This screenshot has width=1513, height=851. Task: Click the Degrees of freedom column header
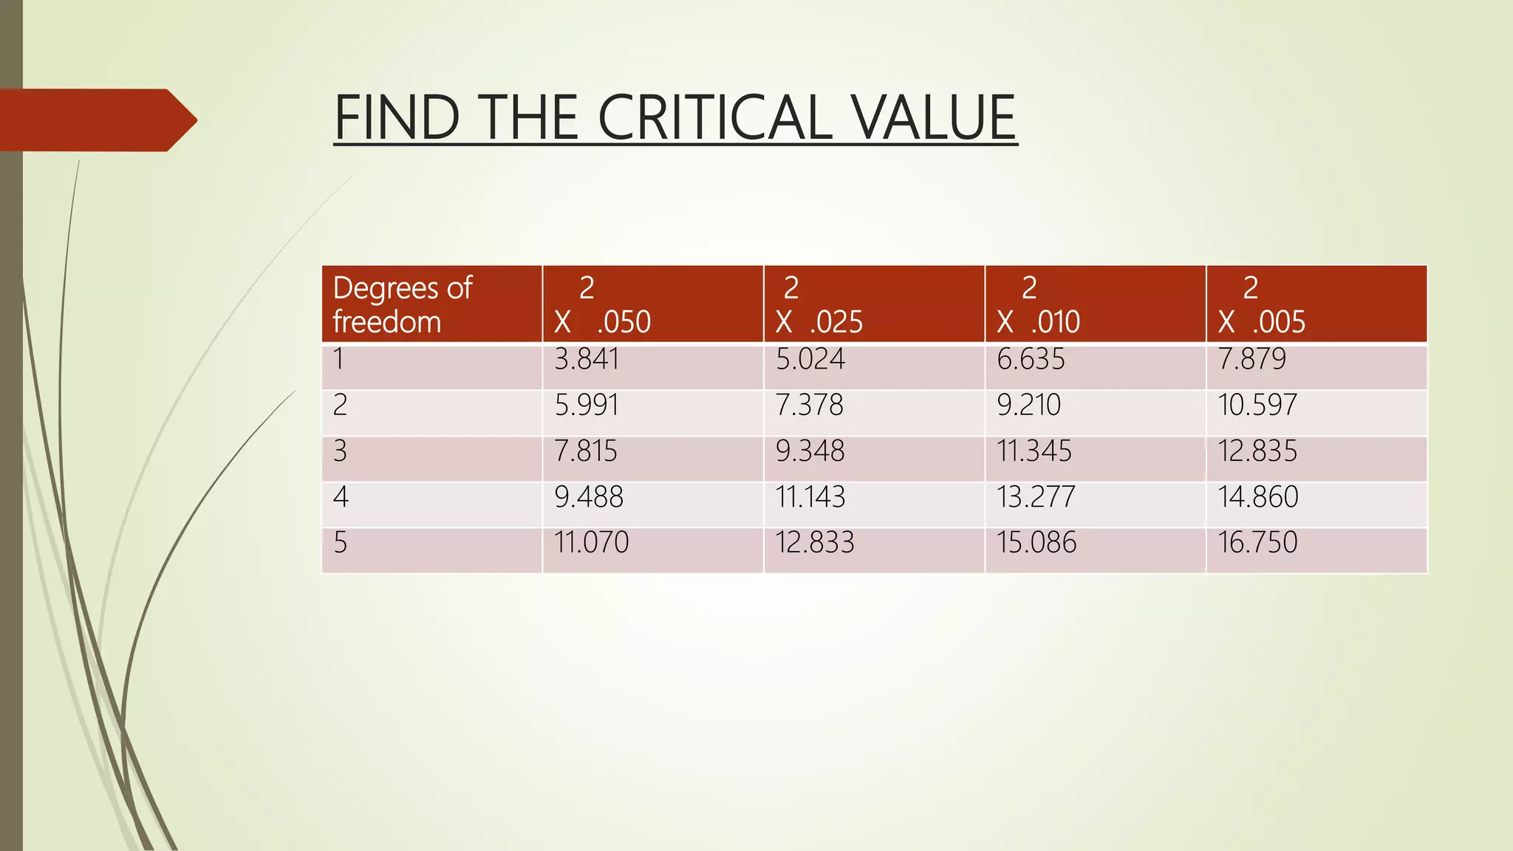coord(403,304)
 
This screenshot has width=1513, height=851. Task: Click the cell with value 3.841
coord(587,360)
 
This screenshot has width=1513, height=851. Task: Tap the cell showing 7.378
coord(809,406)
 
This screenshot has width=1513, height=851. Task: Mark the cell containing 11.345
coord(1034,451)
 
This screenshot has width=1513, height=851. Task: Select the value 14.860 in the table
coord(1257,497)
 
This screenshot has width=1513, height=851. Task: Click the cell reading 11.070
coord(591,543)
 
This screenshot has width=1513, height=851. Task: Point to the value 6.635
coord(1031,360)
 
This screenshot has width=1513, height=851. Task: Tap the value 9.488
coord(589,497)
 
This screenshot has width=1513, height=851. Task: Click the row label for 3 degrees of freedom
coord(340,451)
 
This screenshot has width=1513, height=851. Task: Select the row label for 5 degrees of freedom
coord(340,543)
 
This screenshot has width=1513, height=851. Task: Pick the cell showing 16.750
coord(1257,543)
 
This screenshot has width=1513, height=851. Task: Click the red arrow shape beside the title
coord(96,120)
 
